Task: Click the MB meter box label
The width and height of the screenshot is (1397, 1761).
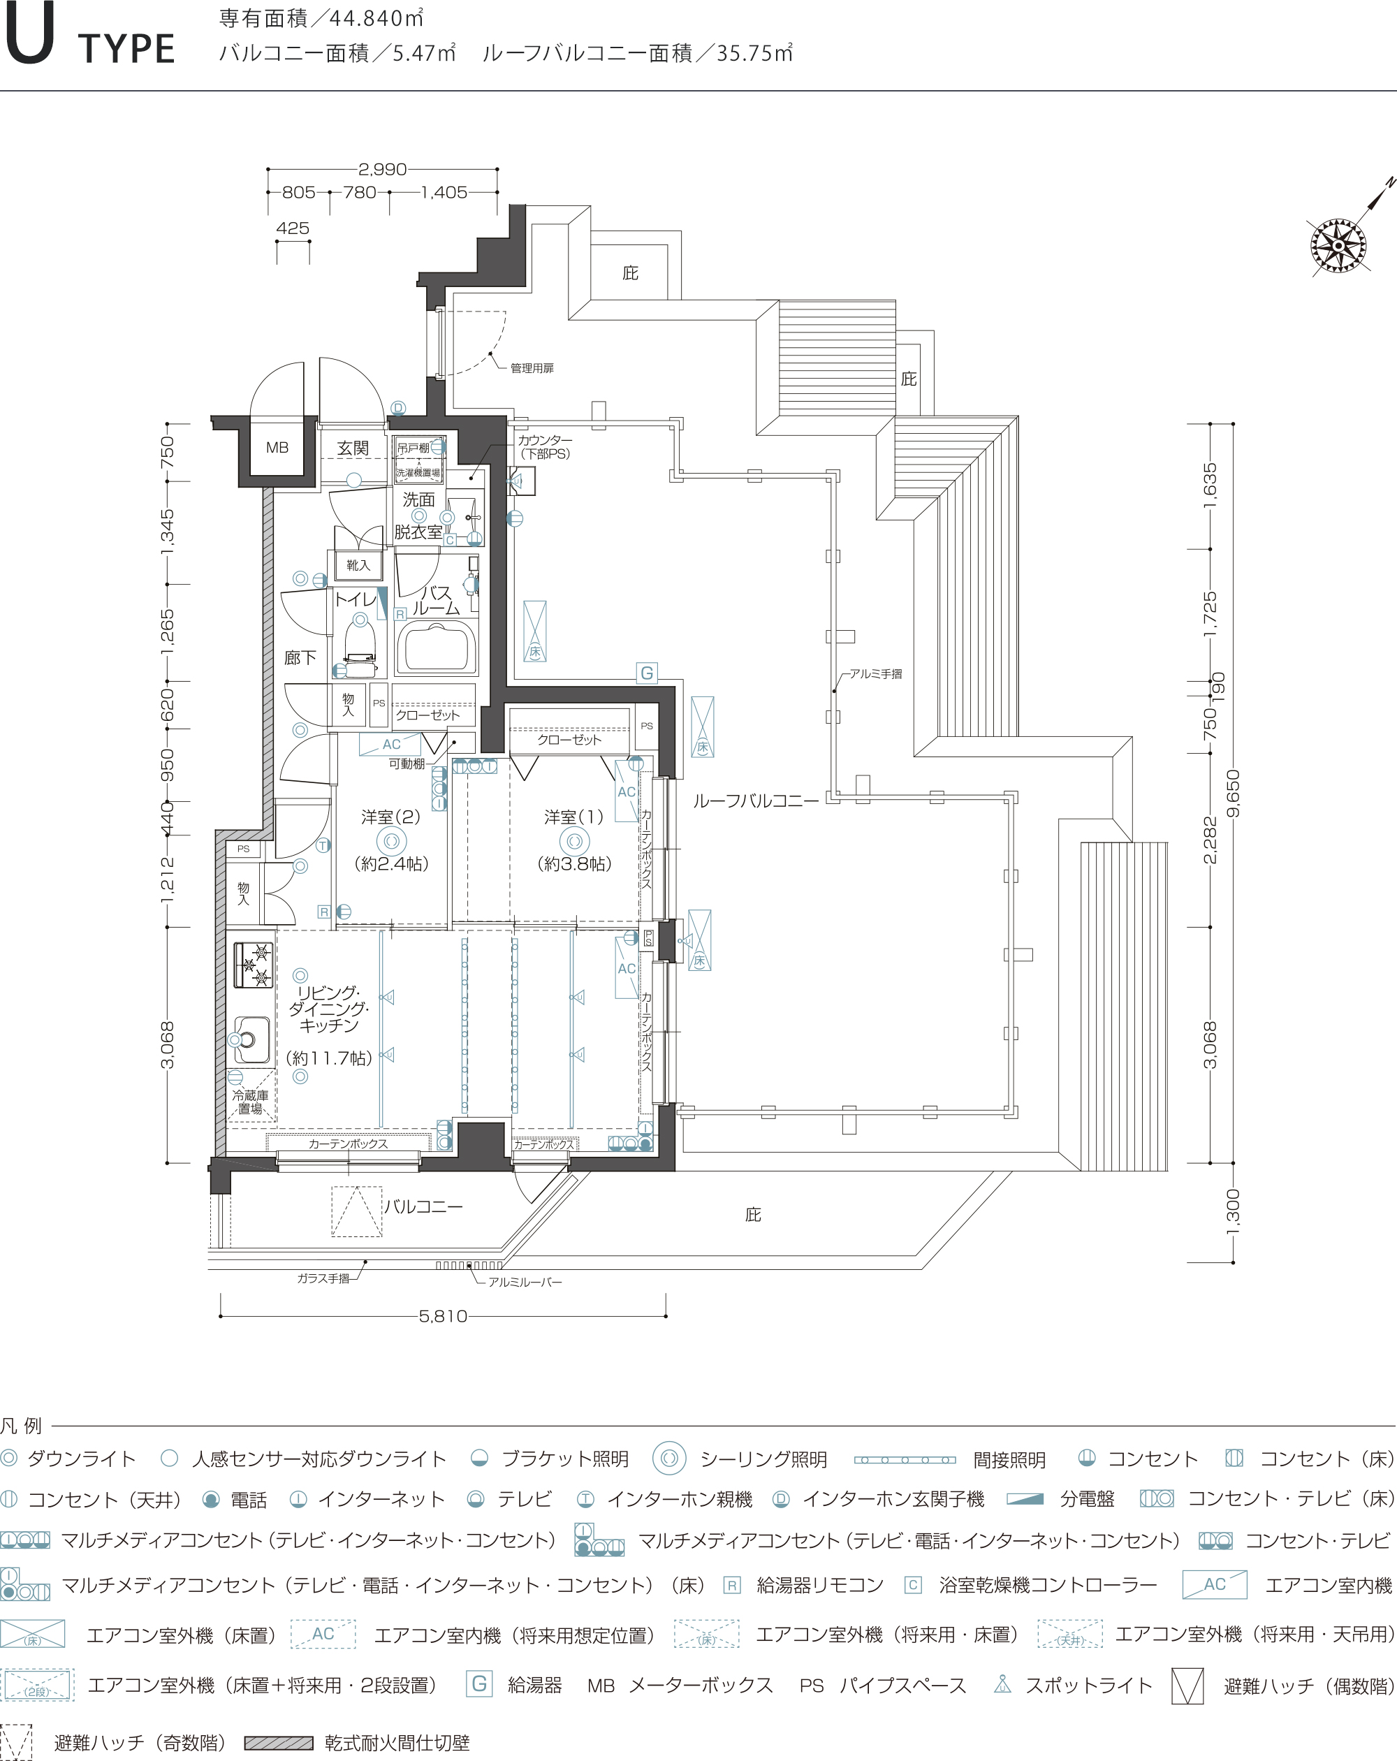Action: [277, 448]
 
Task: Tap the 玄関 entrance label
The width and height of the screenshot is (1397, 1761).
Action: [353, 448]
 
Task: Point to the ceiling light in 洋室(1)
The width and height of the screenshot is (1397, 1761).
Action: [574, 841]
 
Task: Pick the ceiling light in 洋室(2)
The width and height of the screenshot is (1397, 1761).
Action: [391, 841]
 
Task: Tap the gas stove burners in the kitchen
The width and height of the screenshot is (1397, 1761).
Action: [254, 965]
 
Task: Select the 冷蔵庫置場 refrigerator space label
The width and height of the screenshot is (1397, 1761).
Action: [250, 1102]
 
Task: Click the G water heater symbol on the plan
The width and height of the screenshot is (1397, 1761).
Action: [647, 673]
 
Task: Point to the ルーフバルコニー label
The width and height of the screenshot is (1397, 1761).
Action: [756, 801]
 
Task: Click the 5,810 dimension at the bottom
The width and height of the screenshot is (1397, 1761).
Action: [443, 1316]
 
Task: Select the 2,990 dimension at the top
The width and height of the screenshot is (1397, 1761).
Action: [382, 169]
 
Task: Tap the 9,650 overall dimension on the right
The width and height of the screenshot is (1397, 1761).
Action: [1233, 793]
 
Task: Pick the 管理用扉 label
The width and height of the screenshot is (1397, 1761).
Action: [532, 368]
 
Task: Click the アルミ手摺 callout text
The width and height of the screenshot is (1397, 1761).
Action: [876, 674]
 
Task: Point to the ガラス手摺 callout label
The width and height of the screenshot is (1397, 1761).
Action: [323, 1278]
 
